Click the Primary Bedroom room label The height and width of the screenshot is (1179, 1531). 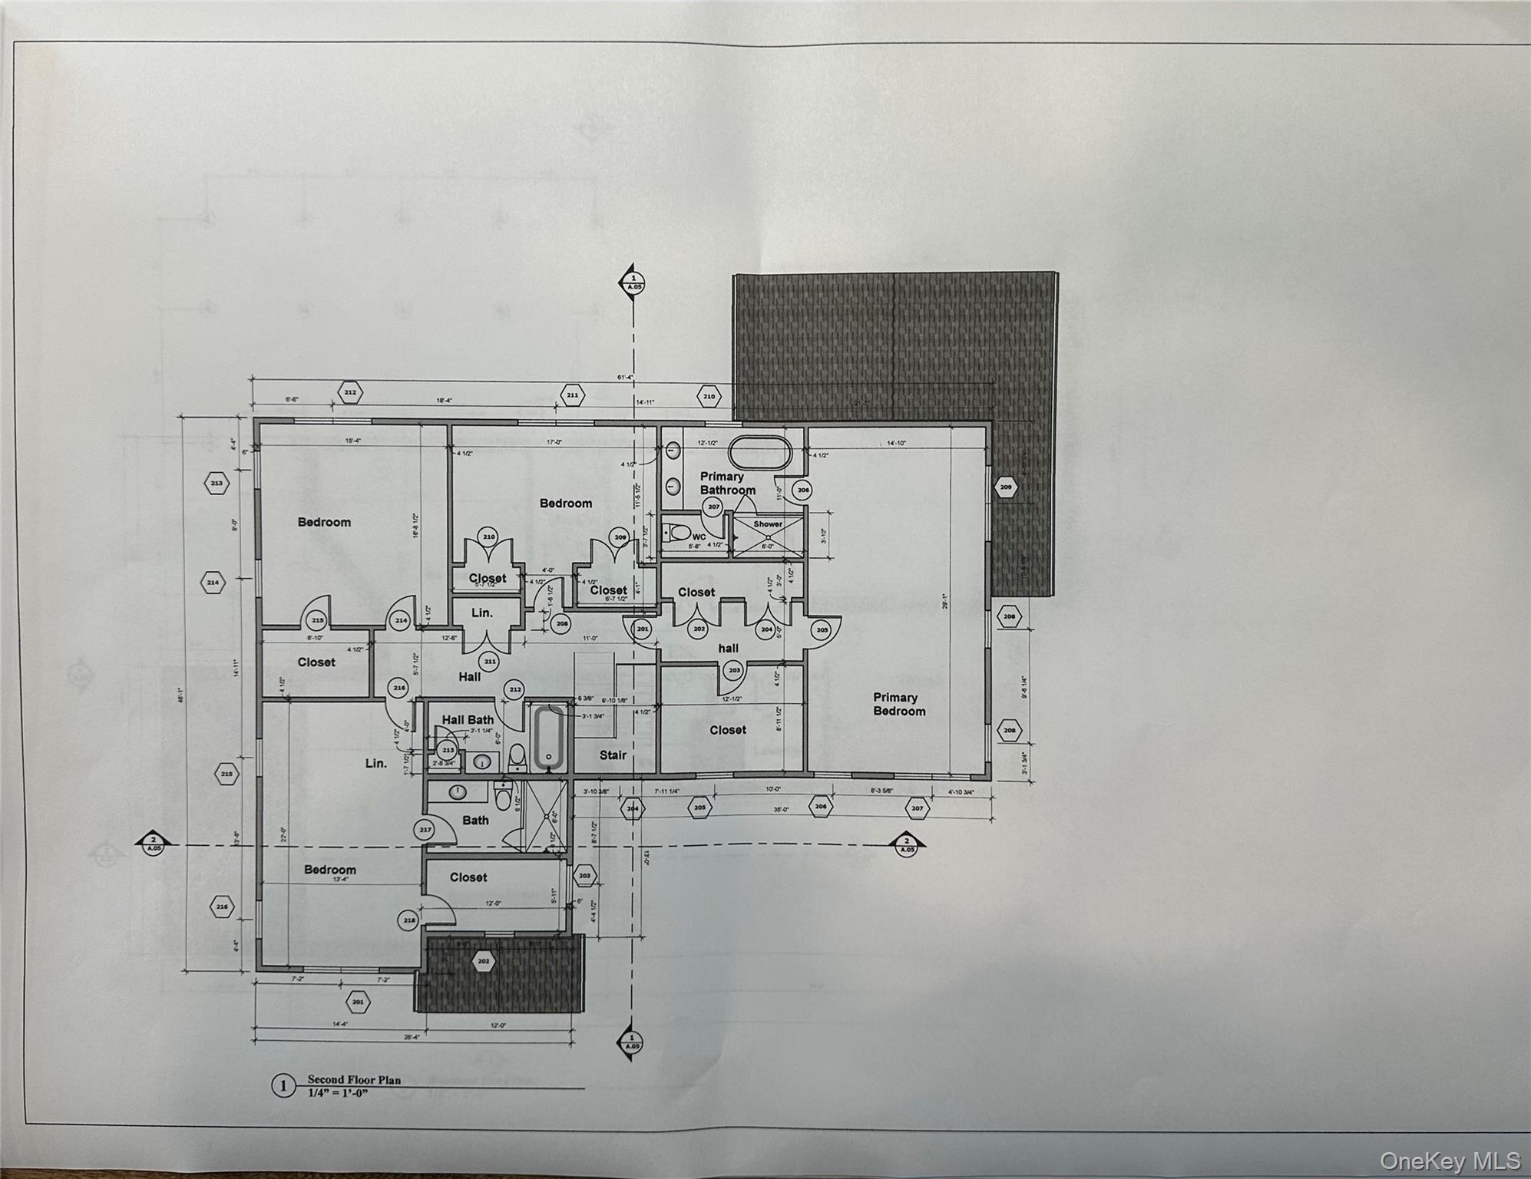(x=898, y=704)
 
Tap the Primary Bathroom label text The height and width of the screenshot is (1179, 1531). (x=726, y=483)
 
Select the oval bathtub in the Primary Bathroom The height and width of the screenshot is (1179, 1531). (x=759, y=453)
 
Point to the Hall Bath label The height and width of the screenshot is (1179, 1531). (x=468, y=719)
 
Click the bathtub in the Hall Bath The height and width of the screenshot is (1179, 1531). (x=548, y=738)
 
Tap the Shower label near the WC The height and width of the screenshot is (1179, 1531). (x=767, y=524)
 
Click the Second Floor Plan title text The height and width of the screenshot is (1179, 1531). (x=354, y=1079)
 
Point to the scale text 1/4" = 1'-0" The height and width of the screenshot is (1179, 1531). (x=338, y=1092)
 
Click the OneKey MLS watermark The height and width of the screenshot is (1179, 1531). (x=1449, y=1161)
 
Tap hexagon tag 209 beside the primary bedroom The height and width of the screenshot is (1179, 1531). (x=1005, y=487)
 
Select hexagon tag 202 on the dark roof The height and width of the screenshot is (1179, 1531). (x=483, y=961)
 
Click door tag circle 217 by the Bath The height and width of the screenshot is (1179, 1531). (x=425, y=830)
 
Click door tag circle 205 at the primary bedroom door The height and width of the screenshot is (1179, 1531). (x=822, y=629)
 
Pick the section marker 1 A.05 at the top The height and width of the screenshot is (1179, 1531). (x=633, y=282)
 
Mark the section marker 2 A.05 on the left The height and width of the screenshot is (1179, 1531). (x=153, y=844)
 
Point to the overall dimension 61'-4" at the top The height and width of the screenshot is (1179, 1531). (x=623, y=377)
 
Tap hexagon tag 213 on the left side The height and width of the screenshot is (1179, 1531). (x=217, y=484)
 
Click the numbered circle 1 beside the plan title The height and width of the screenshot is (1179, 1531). (x=284, y=1085)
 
